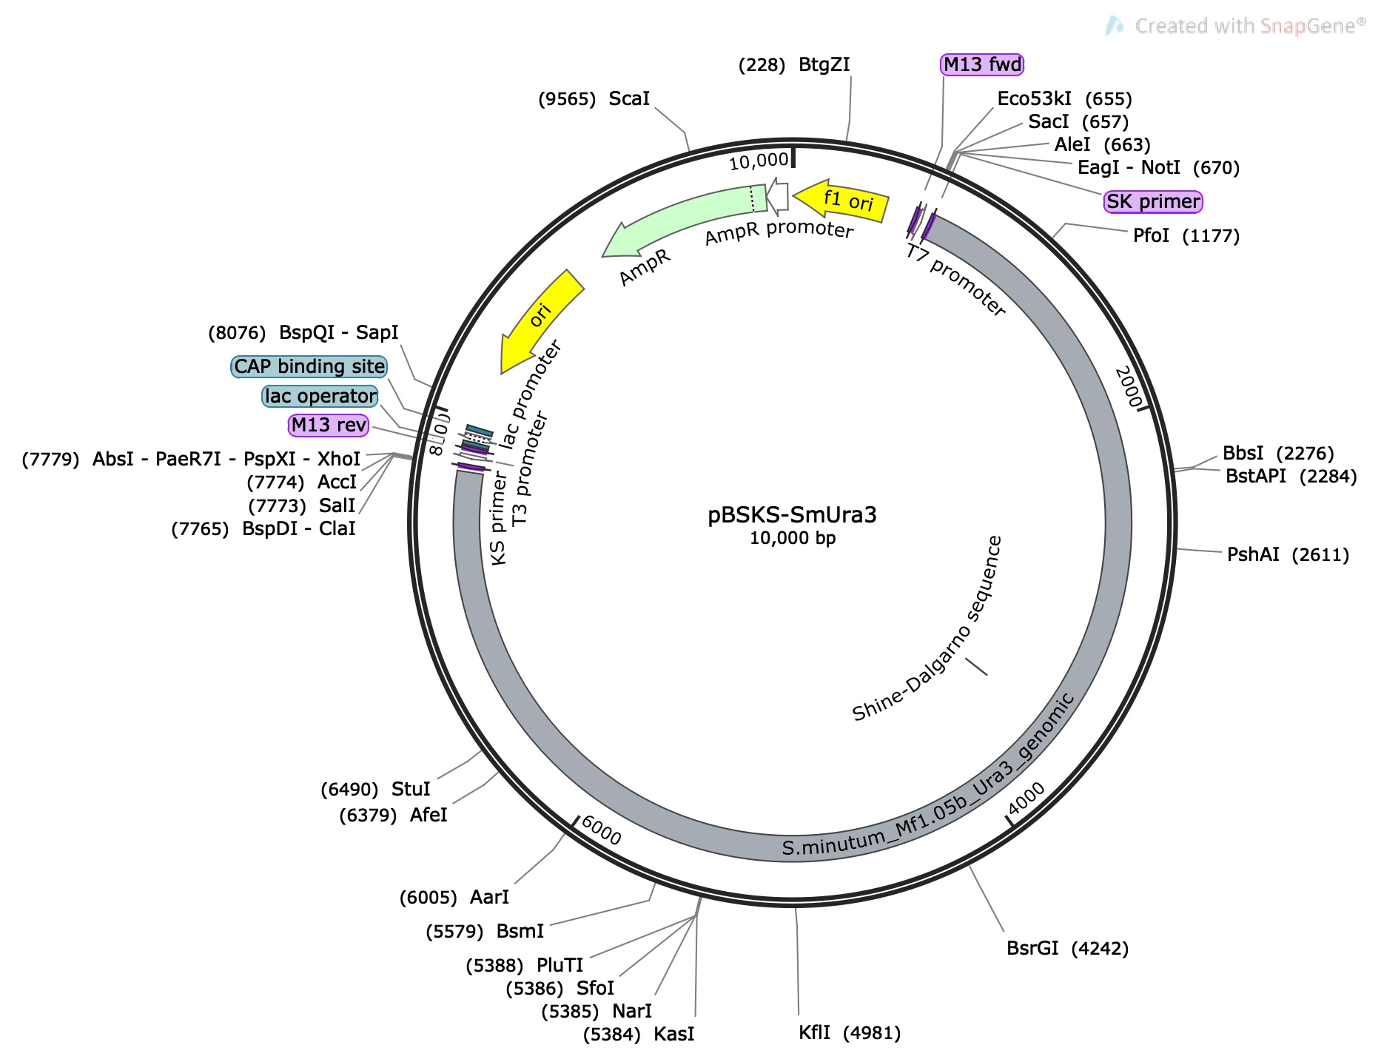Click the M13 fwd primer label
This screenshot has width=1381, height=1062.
pos(982,64)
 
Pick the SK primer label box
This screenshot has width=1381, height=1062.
pos(1152,201)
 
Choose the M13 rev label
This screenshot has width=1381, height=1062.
pos(329,425)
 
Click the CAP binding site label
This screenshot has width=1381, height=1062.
pos(309,366)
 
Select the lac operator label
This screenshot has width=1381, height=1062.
pos(320,396)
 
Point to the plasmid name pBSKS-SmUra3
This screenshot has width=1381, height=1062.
pos(792,514)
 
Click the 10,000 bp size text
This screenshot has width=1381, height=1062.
pos(792,538)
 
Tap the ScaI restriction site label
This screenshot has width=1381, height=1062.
pos(628,98)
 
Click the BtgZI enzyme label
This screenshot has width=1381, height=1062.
pos(824,64)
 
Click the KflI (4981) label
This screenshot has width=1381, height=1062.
pos(849,1032)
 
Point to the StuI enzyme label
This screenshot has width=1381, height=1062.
pos(410,789)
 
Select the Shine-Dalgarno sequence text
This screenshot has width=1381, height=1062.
pos(928,629)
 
